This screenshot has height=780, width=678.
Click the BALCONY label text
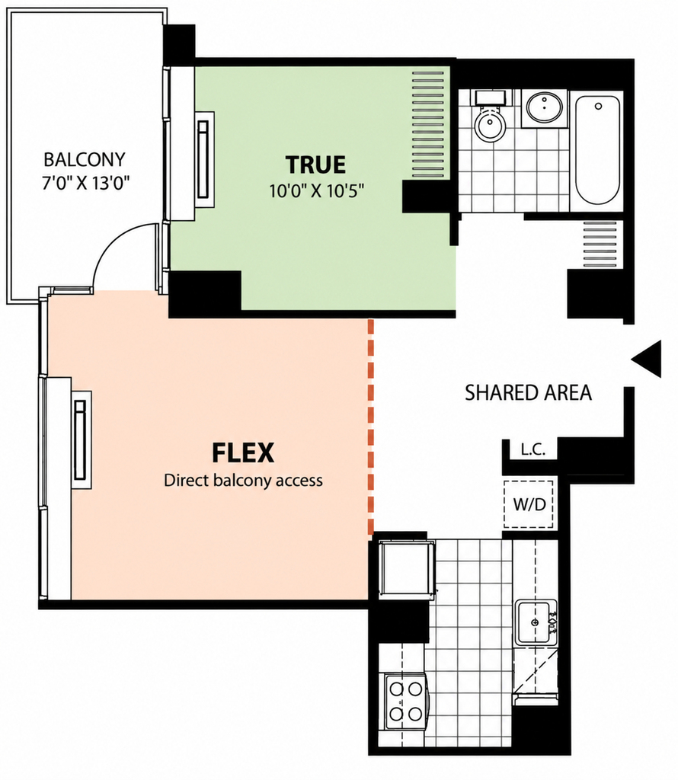click(85, 160)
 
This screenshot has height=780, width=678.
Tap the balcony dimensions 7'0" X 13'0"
click(85, 183)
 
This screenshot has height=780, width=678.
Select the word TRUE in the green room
click(316, 165)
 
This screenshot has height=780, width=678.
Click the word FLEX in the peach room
click(243, 452)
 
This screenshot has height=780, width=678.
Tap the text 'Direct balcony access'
click(243, 481)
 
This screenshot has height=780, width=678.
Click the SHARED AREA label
click(528, 393)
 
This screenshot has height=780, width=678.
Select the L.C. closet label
click(533, 449)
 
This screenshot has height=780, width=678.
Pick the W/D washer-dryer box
click(529, 504)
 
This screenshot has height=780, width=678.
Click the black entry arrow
click(646, 359)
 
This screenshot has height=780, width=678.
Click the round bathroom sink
click(545, 107)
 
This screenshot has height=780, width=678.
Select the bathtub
click(598, 150)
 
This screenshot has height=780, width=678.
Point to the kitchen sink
click(536, 623)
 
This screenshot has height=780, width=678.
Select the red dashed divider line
click(370, 427)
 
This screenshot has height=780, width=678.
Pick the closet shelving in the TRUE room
click(428, 124)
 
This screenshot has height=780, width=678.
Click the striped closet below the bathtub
click(600, 245)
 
